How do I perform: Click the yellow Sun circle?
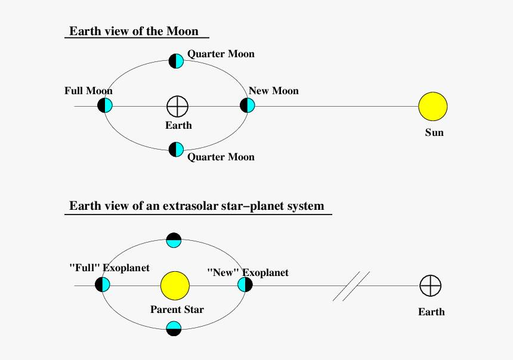(x=433, y=106)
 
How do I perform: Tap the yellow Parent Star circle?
(x=175, y=285)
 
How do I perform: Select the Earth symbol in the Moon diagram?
(x=177, y=106)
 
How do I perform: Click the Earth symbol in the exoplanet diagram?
(x=431, y=285)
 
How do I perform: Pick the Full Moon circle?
(x=105, y=105)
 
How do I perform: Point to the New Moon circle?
(x=248, y=105)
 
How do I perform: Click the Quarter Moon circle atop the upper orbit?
(x=176, y=61)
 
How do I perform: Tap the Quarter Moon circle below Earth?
(x=176, y=150)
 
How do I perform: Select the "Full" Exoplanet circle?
(x=103, y=284)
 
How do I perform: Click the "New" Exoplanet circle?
(x=245, y=284)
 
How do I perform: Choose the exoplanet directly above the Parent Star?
(x=174, y=240)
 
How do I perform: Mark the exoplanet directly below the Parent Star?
(x=174, y=328)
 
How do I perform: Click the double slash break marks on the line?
(x=351, y=286)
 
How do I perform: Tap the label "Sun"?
(x=434, y=132)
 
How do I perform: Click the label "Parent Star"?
(x=177, y=309)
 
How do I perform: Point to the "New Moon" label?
(x=274, y=91)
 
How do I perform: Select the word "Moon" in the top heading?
(x=183, y=31)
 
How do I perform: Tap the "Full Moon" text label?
(x=88, y=91)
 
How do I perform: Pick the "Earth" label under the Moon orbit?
(x=178, y=125)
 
